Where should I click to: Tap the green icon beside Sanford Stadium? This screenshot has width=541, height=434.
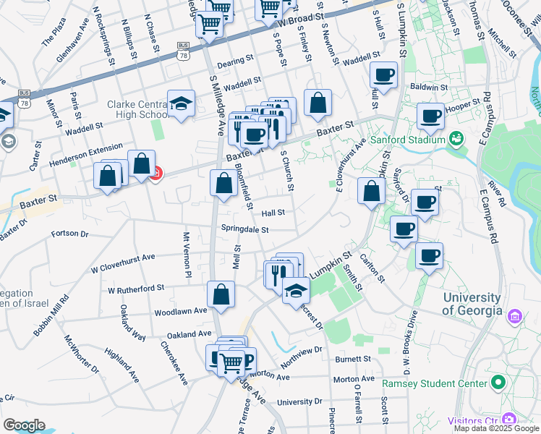456,137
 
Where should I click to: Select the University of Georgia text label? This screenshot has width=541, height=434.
472,304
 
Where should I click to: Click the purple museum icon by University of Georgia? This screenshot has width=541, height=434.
515,315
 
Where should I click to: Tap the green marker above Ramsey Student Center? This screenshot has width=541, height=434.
497,381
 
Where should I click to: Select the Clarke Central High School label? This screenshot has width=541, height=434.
137,109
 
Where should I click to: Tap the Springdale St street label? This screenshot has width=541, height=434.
244,230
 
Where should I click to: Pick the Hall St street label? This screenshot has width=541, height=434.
273,213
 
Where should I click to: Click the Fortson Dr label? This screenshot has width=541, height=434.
69,234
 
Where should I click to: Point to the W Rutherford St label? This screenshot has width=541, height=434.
136,289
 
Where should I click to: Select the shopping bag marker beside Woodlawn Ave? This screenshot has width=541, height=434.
221,294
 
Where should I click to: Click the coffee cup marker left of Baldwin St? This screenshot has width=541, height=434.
383,74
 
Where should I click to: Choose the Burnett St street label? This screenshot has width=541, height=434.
353,359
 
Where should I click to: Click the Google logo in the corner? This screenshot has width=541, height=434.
24,425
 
